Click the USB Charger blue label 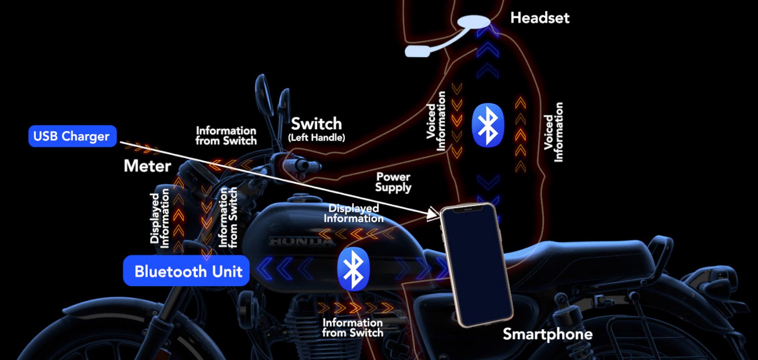72,136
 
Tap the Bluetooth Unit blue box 186,271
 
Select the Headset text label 540,18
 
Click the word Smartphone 547,334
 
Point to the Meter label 147,166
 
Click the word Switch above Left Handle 316,123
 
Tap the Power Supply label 393,182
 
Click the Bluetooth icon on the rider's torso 488,126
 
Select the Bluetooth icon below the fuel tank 353,269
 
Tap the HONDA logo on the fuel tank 302,242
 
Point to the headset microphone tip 417,51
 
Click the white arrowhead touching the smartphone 433,213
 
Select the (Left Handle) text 316,138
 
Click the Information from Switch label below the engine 352,328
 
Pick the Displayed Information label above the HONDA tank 353,213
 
